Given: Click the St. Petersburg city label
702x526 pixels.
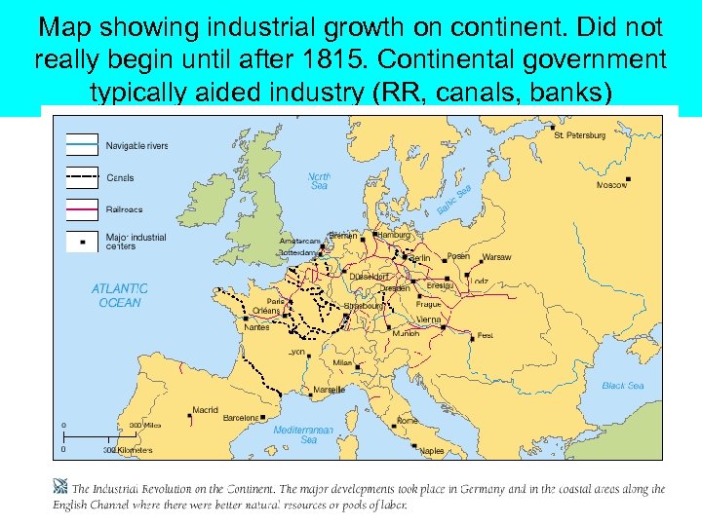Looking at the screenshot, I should tap(580, 135).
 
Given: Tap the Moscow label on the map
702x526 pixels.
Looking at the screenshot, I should tap(612, 184).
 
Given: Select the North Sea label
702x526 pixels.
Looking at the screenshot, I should tap(319, 181).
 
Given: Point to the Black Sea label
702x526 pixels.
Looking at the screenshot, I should tap(623, 386).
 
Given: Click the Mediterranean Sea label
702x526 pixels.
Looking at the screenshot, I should tap(303, 434).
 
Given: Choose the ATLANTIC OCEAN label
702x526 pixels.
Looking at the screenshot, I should tap(119, 295).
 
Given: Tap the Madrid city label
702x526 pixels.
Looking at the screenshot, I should tap(206, 410).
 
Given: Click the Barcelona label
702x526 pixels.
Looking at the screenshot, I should tap(241, 418).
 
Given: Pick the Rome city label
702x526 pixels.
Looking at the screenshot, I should tap(406, 420).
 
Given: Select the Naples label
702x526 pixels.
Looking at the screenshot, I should tap(432, 451).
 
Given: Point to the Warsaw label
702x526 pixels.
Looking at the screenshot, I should tap(496, 257).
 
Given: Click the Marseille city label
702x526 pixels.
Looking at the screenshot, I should tap(329, 390).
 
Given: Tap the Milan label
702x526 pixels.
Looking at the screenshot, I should tap(342, 362).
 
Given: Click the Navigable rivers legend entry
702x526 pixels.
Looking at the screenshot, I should tap(137, 146).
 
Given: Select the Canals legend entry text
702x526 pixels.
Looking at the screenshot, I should tap(120, 178).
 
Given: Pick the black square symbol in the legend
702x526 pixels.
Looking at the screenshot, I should tap(83, 241).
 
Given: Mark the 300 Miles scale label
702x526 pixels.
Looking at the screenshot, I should tap(145, 425).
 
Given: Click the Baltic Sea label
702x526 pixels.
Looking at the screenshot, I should tap(454, 201).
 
